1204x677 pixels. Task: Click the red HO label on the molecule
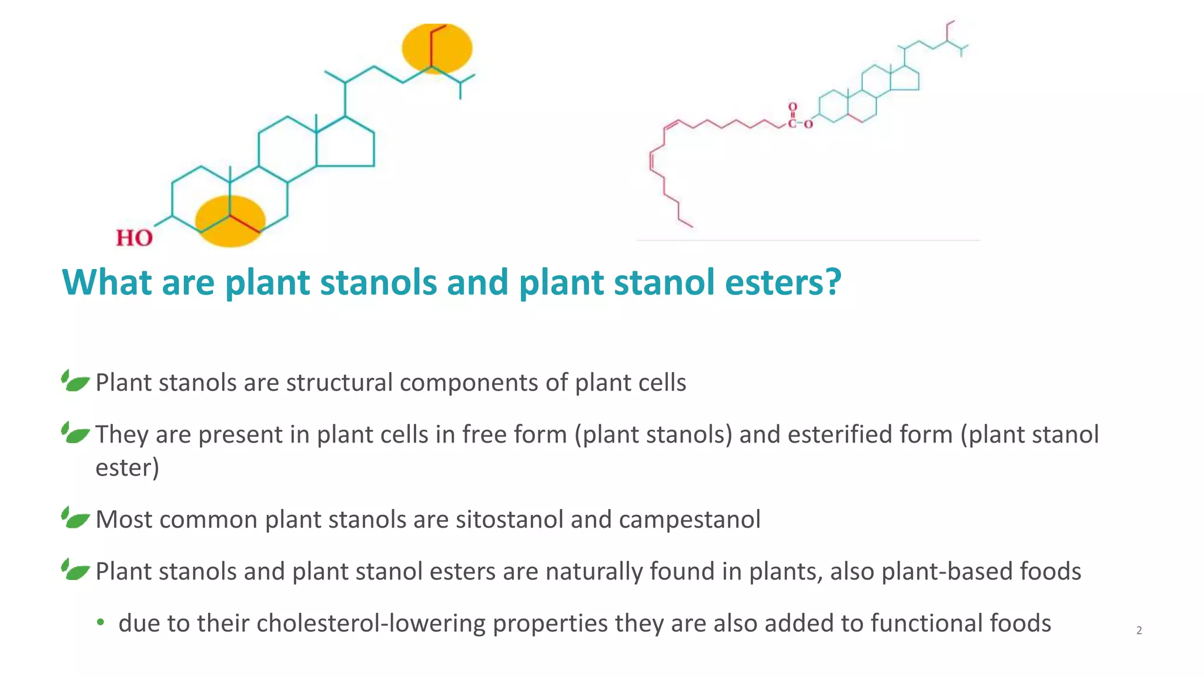tap(134, 238)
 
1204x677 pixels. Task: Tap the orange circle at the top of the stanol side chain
tap(437, 48)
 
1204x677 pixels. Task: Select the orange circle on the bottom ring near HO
tap(230, 221)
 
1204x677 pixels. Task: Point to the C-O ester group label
tap(799, 123)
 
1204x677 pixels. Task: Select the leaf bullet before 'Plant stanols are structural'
tap(76, 381)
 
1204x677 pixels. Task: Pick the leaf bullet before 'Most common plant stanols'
tap(76, 518)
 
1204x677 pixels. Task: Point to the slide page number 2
tap(1139, 631)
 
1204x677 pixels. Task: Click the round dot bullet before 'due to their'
tap(101, 622)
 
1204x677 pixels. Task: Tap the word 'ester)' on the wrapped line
tap(127, 468)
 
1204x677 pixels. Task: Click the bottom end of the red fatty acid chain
tap(692, 226)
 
